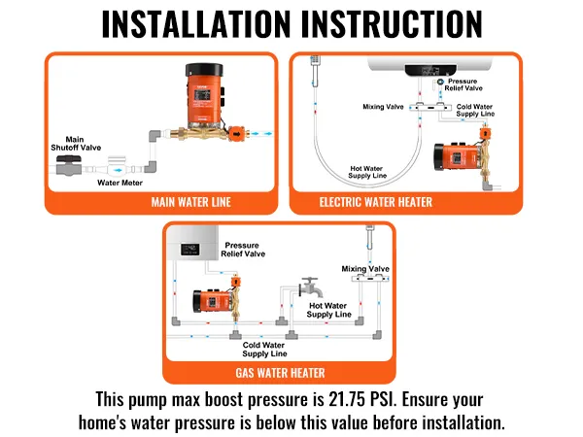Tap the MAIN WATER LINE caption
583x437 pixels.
pos(162,202)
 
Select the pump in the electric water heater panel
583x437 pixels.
pos(458,161)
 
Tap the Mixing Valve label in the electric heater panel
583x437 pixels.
pos(383,107)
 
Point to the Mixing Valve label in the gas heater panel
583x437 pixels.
pos(364,269)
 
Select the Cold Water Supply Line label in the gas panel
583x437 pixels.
pos(264,349)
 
